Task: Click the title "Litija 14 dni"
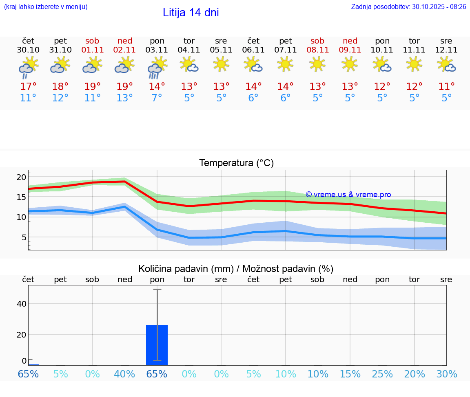(x=191, y=13)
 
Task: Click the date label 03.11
(x=157, y=50)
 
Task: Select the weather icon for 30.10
(x=28, y=68)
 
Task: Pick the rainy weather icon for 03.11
(x=157, y=68)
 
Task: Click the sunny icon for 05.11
(x=221, y=64)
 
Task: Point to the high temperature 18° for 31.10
(x=60, y=86)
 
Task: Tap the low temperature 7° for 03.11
(x=157, y=98)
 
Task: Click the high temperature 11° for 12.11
(x=446, y=86)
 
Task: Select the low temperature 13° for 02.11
(x=125, y=98)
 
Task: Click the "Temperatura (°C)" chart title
(x=236, y=163)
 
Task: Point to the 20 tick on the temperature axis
(x=21, y=177)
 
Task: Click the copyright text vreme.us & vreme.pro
(x=348, y=195)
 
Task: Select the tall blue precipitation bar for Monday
(x=157, y=344)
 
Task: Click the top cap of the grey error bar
(x=157, y=289)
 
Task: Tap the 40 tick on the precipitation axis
(x=21, y=303)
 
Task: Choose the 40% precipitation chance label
(x=125, y=374)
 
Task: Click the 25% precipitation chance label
(x=382, y=374)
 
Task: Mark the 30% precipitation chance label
(x=447, y=374)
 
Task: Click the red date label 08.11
(x=317, y=50)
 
